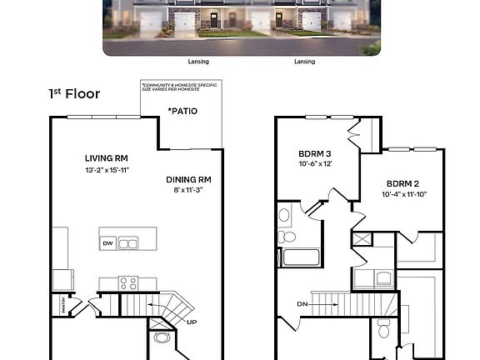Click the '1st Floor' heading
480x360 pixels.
click(74, 93)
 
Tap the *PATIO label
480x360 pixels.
click(182, 110)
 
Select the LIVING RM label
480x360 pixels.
click(106, 158)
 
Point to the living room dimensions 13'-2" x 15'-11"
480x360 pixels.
click(106, 172)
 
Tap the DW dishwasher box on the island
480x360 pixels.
click(107, 243)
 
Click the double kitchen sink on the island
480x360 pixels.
click(128, 243)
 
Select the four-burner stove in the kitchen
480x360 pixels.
click(128, 282)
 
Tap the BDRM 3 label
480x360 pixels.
click(316, 153)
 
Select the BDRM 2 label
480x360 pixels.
click(403, 183)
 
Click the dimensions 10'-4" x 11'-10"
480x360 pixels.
click(403, 195)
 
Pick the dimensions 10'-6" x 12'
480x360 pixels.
click(316, 165)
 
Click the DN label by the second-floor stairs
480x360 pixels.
click(302, 304)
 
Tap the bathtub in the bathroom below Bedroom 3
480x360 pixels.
click(301, 257)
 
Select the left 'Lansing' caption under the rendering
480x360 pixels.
click(199, 61)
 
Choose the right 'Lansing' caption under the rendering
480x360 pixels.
click(305, 61)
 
